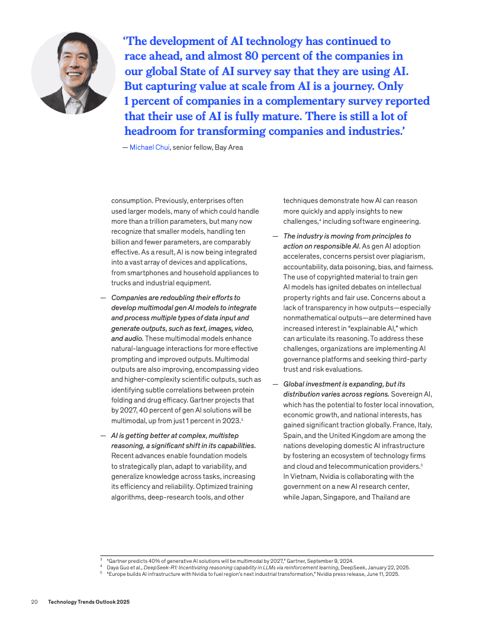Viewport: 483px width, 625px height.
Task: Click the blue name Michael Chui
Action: (149, 147)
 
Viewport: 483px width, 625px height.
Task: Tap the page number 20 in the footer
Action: (34, 601)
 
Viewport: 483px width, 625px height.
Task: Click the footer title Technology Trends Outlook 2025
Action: (89, 601)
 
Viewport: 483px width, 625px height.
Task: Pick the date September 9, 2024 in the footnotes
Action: (333, 560)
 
